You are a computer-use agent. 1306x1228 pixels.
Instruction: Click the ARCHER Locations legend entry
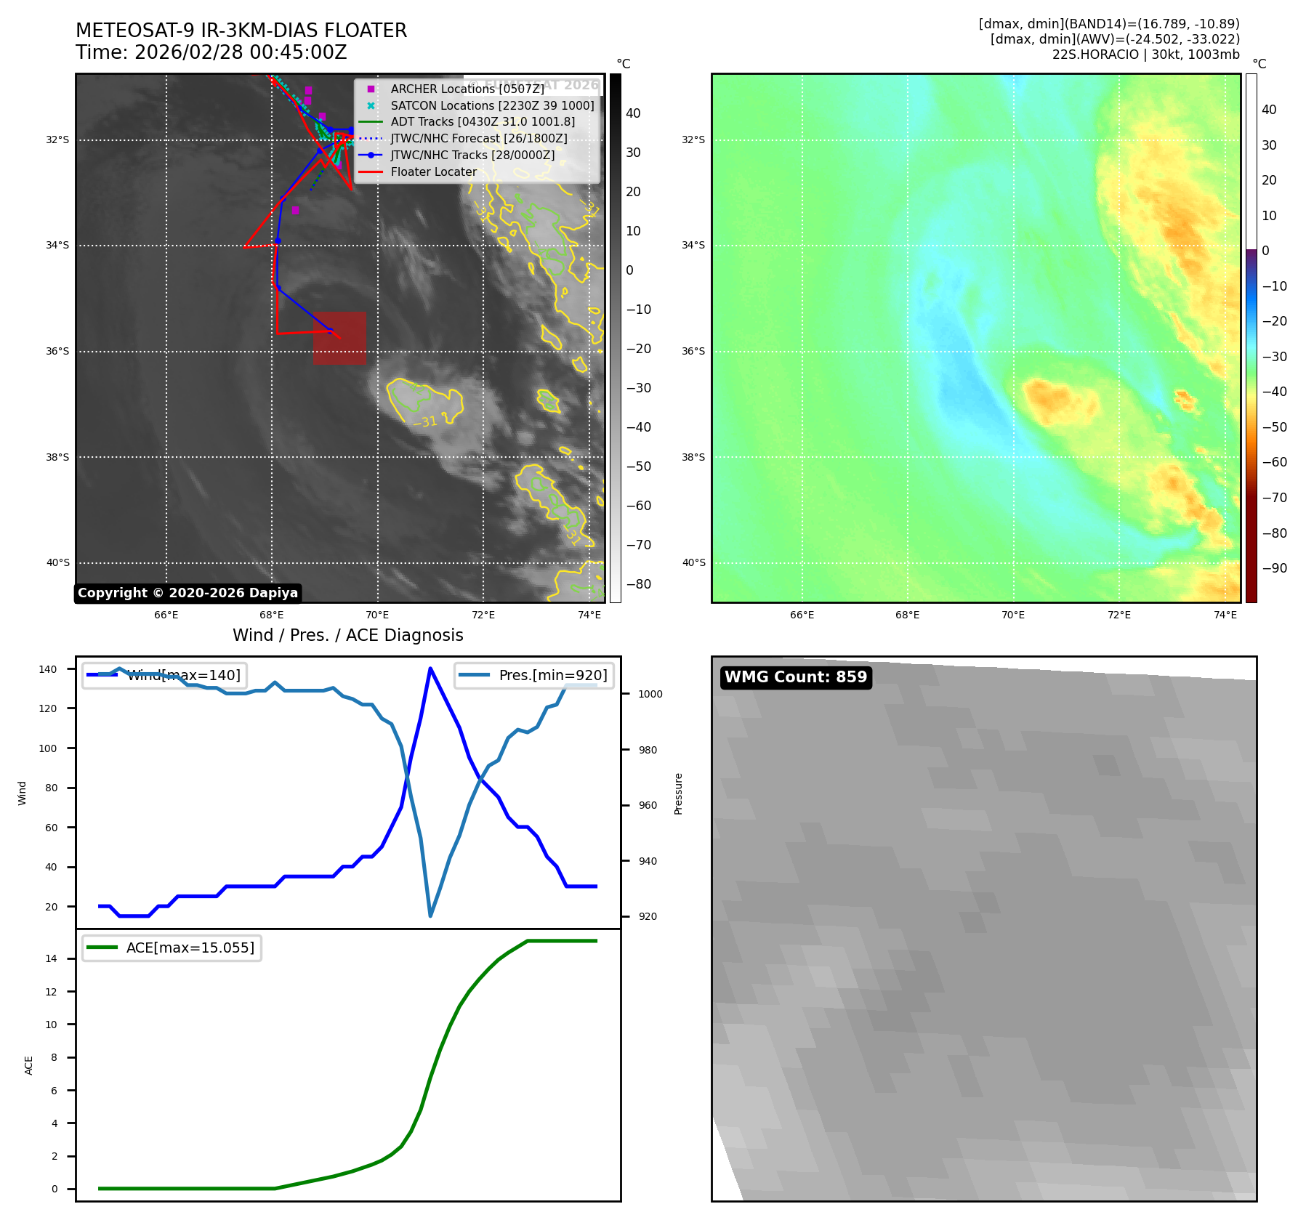pos(467,89)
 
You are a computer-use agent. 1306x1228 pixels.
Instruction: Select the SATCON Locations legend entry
pos(492,105)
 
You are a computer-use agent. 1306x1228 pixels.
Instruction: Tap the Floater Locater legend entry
pos(433,172)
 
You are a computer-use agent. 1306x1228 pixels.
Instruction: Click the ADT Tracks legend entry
pos(483,122)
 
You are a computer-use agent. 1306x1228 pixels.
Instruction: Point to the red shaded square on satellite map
pos(339,338)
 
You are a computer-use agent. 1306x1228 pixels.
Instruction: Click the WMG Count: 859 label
pos(796,677)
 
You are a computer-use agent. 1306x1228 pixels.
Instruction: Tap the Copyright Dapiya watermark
pos(188,593)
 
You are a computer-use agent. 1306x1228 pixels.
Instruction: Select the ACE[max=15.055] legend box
pos(172,948)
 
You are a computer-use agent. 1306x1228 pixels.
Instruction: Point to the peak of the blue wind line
pos(430,668)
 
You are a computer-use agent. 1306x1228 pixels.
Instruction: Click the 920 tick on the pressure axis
pos(647,916)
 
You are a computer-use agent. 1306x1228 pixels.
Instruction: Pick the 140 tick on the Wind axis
pos(48,669)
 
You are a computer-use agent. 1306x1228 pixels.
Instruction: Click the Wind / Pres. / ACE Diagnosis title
pos(347,635)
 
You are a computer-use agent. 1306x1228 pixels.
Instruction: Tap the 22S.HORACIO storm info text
pos(1145,54)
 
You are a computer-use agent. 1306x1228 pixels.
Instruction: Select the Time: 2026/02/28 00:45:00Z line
pos(211,52)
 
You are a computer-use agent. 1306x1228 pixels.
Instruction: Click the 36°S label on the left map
pos(57,351)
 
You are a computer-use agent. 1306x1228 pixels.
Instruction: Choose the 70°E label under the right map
pos(1013,615)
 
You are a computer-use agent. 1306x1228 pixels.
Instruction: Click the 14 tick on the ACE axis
pos(52,958)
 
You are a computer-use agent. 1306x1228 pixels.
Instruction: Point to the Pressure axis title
pos(678,793)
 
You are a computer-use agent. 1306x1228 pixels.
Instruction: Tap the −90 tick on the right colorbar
pos(1274,568)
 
